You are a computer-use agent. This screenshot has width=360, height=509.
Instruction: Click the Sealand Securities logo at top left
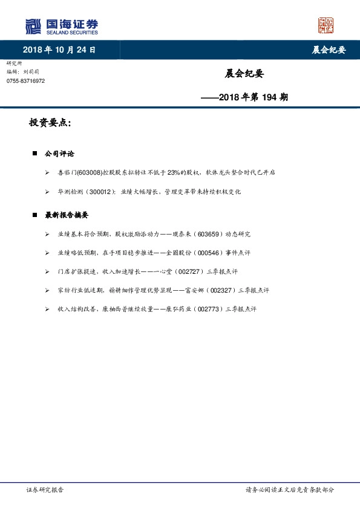pos(61,26)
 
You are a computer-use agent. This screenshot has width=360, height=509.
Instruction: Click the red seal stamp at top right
pos(326,25)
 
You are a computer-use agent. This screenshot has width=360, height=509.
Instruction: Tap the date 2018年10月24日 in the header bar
pos(59,50)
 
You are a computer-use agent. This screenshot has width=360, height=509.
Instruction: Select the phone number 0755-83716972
pos(25,80)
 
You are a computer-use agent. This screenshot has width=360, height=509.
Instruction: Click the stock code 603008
pos(90,173)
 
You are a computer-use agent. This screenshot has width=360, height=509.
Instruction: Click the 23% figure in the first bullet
pos(174,173)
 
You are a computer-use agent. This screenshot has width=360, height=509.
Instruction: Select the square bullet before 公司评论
pos(34,154)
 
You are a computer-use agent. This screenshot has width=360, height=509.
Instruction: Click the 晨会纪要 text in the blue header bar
pos(329,50)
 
